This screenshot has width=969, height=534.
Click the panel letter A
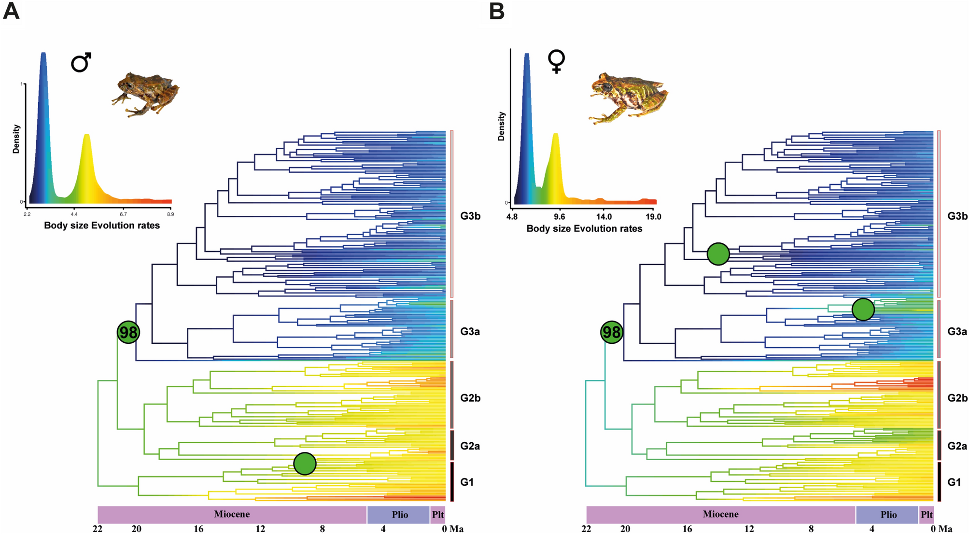tap(11, 11)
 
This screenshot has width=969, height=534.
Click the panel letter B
tap(497, 11)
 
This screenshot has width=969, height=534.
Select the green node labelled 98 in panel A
tap(128, 332)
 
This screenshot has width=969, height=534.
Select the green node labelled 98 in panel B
tap(612, 332)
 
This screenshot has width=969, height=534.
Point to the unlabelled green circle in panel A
tap(305, 464)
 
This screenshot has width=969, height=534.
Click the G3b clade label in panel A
tap(470, 216)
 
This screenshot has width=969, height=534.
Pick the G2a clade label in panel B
tap(957, 446)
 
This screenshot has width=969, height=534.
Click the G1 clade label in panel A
tap(467, 482)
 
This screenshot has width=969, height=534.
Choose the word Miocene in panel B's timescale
tap(720, 515)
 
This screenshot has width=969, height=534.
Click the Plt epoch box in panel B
tap(927, 515)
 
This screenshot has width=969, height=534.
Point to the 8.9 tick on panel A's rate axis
tap(170, 214)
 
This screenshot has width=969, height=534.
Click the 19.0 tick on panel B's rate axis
tap(653, 217)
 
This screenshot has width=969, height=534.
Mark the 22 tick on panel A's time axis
tap(98, 529)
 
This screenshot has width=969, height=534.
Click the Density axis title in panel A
tap(16, 139)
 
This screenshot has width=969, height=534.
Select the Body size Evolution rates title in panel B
tap(584, 228)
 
